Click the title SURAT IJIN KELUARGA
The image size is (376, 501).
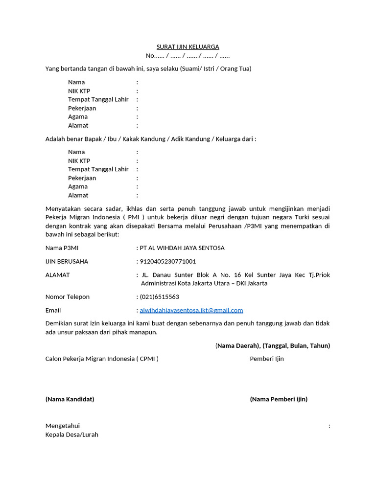tap(188, 46)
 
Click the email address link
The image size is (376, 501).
tap(191, 310)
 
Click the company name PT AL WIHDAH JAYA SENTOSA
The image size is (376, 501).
tap(182, 248)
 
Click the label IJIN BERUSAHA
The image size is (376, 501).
tap(67, 261)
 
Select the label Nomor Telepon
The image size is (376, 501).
tap(68, 296)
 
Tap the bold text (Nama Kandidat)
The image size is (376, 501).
tap(70, 399)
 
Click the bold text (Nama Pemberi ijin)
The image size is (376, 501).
tap(279, 399)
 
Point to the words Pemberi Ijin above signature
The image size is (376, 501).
tap(267, 359)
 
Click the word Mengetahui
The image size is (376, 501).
tap(62, 426)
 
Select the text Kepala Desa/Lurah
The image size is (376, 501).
tap(71, 434)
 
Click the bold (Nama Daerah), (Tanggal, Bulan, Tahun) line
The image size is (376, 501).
tap(273, 345)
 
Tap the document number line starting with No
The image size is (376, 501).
tap(188, 55)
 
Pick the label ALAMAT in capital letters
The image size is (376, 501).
tap(57, 275)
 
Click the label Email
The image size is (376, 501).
tap(53, 310)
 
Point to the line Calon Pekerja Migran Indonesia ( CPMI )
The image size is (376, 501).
tap(102, 359)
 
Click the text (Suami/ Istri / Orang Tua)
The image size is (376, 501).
tap(215, 68)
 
